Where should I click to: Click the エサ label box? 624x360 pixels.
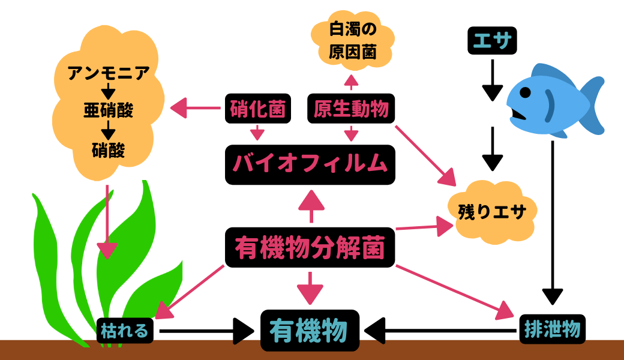(x=492, y=41)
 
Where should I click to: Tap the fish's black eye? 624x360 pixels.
(x=525, y=94)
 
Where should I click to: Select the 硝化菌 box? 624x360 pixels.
(x=258, y=109)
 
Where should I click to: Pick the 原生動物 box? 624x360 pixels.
(x=351, y=109)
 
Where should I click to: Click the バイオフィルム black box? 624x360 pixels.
(x=310, y=164)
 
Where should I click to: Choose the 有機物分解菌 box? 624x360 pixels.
(x=310, y=247)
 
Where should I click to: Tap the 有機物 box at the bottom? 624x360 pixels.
(x=310, y=330)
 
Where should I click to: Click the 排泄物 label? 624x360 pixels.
(x=551, y=329)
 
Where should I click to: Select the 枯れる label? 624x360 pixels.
(x=126, y=330)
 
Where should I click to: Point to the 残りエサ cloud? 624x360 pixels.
(x=492, y=212)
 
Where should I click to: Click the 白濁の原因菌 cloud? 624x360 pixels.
(x=353, y=40)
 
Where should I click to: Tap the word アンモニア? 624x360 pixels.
(x=108, y=74)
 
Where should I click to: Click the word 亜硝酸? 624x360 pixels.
(x=108, y=111)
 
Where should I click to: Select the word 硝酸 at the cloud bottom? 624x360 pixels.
(x=109, y=149)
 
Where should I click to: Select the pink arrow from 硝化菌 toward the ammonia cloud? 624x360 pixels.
(x=195, y=109)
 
